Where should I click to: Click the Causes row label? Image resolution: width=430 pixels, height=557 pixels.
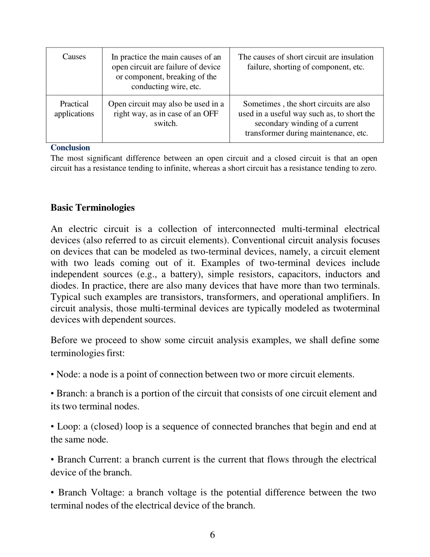click(x=74, y=57)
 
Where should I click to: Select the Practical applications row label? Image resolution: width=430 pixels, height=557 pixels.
click(x=74, y=109)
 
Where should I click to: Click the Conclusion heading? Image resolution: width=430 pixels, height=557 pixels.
click(x=70, y=148)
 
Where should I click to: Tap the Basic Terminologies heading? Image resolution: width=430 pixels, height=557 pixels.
click(x=92, y=208)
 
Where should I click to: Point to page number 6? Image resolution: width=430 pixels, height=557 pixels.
click(x=212, y=535)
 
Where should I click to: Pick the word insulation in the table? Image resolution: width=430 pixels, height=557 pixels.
click(x=357, y=57)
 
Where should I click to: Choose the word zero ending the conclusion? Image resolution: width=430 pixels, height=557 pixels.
click(x=367, y=168)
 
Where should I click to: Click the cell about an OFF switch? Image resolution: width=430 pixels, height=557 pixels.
click(x=166, y=114)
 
